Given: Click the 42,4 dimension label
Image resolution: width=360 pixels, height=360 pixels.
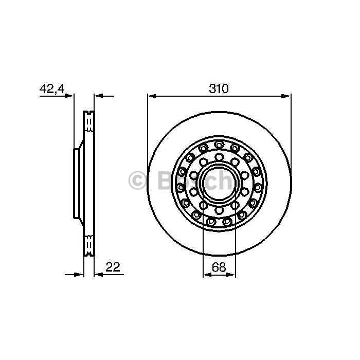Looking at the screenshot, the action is (x=52, y=88).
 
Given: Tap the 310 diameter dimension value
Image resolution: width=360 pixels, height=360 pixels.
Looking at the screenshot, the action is (x=219, y=89).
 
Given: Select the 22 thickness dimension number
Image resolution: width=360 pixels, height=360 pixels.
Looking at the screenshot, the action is (x=113, y=267).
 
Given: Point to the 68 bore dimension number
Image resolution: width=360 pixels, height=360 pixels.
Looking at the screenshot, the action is (x=219, y=267).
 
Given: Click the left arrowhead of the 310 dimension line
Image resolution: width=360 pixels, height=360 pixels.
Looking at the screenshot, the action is (x=152, y=96).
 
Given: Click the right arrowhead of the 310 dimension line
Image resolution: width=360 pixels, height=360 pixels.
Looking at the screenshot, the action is (x=286, y=96).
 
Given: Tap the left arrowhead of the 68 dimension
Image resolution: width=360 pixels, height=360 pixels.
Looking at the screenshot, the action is (x=207, y=274).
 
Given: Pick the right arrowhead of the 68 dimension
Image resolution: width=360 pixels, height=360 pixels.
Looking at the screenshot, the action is (x=231, y=274).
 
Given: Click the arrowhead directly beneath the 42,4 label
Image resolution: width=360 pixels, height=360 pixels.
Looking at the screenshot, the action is (x=69, y=96).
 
